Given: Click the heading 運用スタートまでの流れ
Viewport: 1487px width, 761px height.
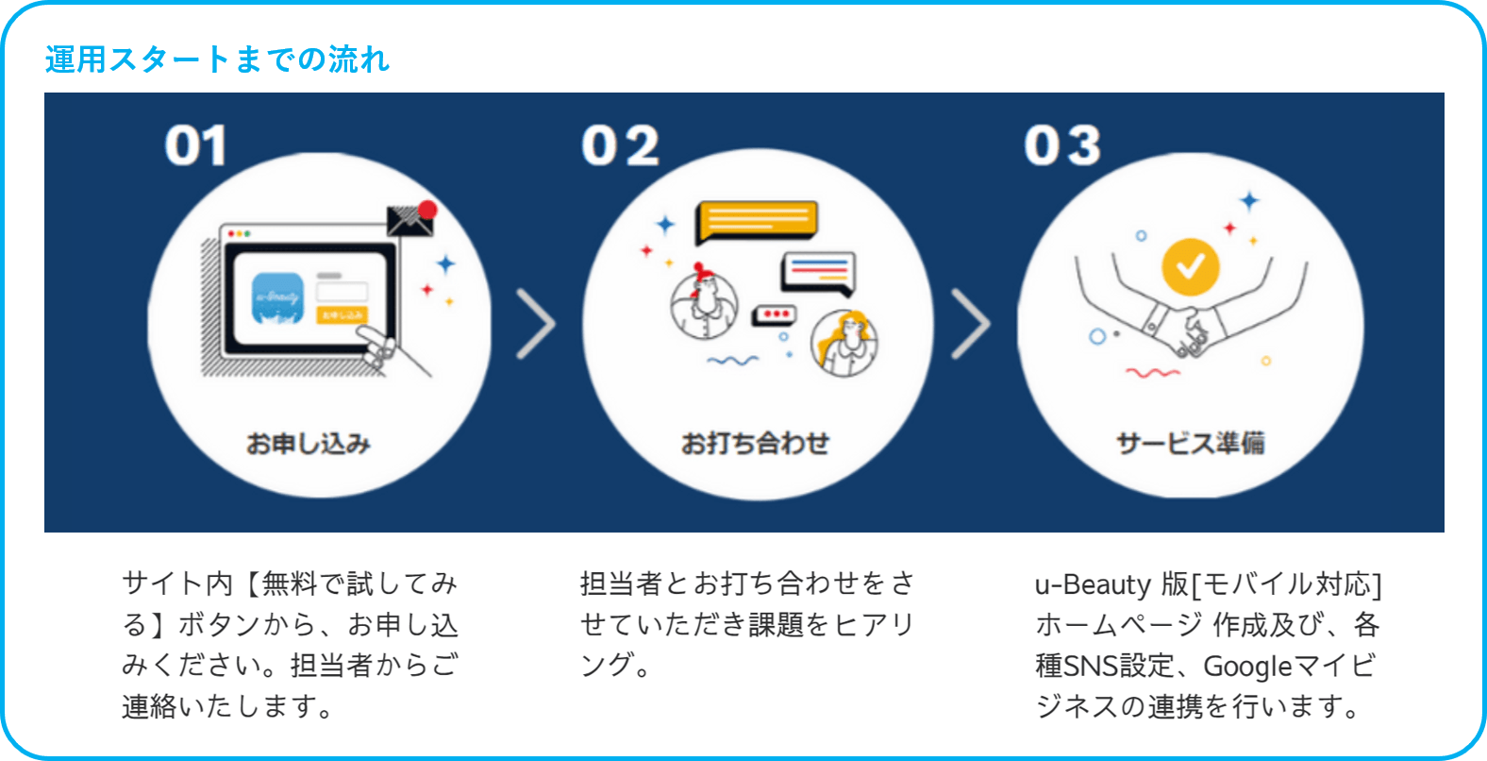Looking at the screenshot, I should (217, 59).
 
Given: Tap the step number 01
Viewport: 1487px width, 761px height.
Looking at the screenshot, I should (196, 146).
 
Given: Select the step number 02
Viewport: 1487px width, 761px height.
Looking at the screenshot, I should (620, 146).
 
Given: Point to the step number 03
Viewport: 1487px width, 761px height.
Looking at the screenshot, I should (1062, 146).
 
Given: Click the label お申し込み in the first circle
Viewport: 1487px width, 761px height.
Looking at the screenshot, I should (309, 443).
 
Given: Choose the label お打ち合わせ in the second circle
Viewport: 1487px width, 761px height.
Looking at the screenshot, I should (755, 443).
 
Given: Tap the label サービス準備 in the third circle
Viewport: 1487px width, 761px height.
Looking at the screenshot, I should (1190, 443).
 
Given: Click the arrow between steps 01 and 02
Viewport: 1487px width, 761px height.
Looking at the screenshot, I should (535, 324).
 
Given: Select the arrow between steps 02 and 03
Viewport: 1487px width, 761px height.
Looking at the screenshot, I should (970, 324).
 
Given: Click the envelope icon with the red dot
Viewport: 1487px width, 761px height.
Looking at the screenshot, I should (411, 220).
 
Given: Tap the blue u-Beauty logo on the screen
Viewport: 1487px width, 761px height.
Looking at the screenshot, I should (277, 297).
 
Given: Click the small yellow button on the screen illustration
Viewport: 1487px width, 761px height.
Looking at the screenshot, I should (342, 314).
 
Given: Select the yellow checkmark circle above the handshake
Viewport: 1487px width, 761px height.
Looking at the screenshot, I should (1190, 266).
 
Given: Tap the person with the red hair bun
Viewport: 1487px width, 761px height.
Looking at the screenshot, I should (704, 304).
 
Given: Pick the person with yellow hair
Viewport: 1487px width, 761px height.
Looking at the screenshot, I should (844, 342).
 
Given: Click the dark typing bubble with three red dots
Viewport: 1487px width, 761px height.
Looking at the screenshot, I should (775, 314).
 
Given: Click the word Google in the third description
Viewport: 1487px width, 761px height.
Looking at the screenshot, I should (1247, 666).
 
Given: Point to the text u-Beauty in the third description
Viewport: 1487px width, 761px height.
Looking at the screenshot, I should (1093, 584).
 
